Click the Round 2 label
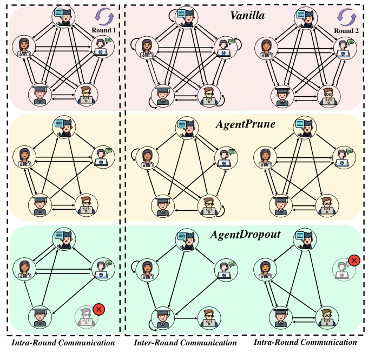pos(346,30)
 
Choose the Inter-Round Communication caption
pos(186,343)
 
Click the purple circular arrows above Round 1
pos(104,16)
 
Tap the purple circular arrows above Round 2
pos(346,16)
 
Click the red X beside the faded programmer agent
pos(99,309)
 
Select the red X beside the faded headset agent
pos(354,261)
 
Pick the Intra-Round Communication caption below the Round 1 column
pos(63,343)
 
